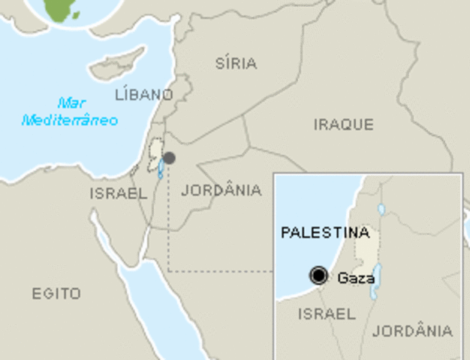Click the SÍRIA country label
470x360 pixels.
(236, 63)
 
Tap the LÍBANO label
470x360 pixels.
(143, 94)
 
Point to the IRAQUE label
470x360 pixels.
(343, 124)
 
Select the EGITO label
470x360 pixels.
(56, 293)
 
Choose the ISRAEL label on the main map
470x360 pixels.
(119, 193)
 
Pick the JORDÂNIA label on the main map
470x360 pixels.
(221, 190)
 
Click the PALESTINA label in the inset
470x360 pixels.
(325, 232)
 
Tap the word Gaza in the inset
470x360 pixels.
(356, 277)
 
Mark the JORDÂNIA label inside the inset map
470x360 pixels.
(413, 330)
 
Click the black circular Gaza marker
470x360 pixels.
(319, 276)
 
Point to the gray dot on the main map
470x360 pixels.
(170, 158)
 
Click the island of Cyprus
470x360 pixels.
(116, 64)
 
